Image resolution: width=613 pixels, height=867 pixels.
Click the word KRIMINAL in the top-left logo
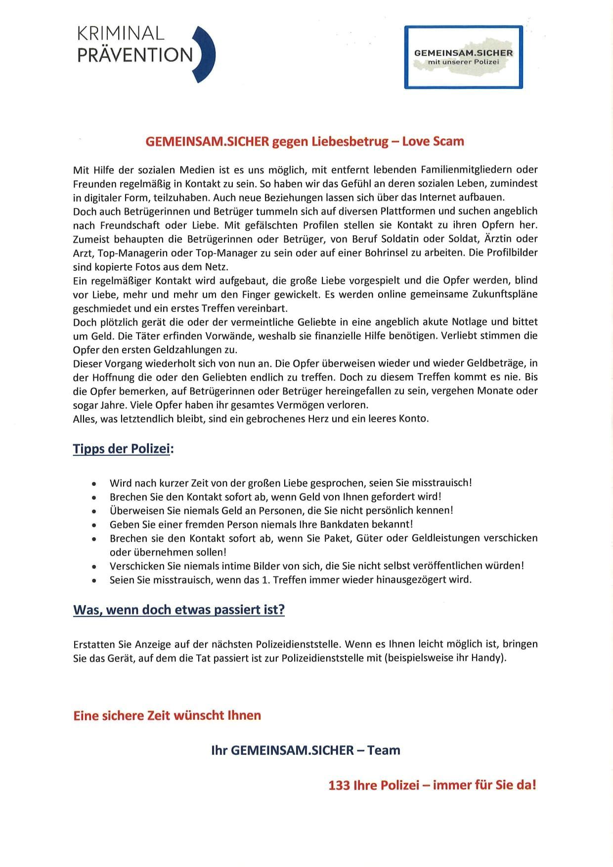point(120,34)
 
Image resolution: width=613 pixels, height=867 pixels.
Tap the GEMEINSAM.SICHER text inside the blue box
point(463,52)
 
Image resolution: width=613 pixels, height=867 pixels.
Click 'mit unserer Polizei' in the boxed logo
point(463,62)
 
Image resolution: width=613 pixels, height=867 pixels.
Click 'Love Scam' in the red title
point(433,141)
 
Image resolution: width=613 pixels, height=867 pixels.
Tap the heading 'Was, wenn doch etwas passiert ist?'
point(179,609)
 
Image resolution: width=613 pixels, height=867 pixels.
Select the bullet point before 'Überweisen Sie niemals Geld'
point(94,511)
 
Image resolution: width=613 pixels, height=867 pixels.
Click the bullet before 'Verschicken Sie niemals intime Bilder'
point(94,566)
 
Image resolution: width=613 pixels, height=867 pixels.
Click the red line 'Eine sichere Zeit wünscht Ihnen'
point(167,715)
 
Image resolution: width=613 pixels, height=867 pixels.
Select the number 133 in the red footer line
point(339,785)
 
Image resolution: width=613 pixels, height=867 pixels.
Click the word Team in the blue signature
point(384,750)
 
